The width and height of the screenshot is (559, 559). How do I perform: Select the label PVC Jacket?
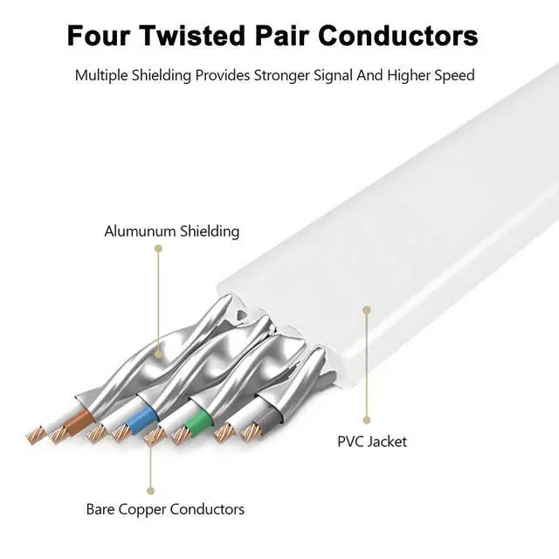(x=372, y=441)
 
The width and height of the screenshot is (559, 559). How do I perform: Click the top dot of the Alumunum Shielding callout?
(x=158, y=249)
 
